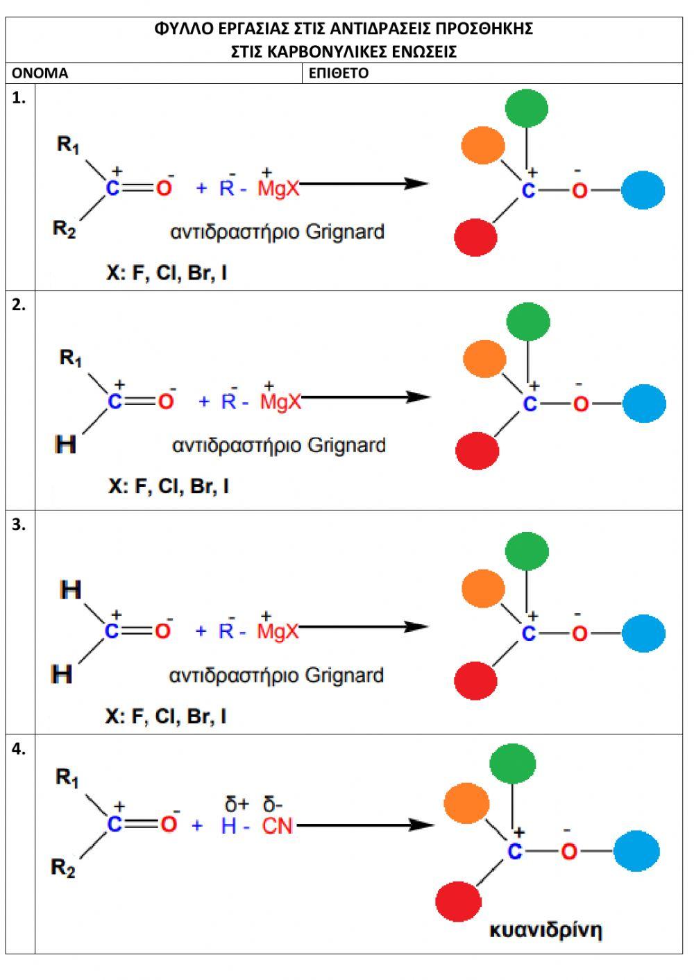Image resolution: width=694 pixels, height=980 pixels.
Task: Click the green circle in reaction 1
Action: pos(526,108)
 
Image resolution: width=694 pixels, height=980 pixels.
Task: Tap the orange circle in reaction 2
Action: pos(484,359)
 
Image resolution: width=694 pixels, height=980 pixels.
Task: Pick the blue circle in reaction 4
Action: pos(636,851)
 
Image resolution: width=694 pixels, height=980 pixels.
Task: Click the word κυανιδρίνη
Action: pos(545,929)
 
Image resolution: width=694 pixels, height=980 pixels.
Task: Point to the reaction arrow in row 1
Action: pos(364,184)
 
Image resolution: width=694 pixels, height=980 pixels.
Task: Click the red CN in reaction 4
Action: pos(278,826)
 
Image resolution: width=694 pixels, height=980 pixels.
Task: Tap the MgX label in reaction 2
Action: pos(281,402)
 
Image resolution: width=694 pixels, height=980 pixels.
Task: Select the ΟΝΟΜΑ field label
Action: pos(40,74)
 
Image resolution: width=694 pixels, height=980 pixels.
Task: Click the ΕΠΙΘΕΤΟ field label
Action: pos(339,74)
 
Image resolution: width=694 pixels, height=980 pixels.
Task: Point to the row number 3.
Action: pos(19,525)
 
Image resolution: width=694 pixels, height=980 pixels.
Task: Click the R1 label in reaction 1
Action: pos(68,145)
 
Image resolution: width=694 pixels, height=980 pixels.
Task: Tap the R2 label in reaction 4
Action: pos(63,868)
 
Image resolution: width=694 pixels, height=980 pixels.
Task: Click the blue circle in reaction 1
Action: pos(643,190)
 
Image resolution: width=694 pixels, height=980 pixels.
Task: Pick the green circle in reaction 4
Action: pos(512,764)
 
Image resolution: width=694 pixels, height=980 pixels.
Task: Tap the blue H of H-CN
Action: pos(228,826)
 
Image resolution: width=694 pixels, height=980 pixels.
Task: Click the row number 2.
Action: pos(19,305)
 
